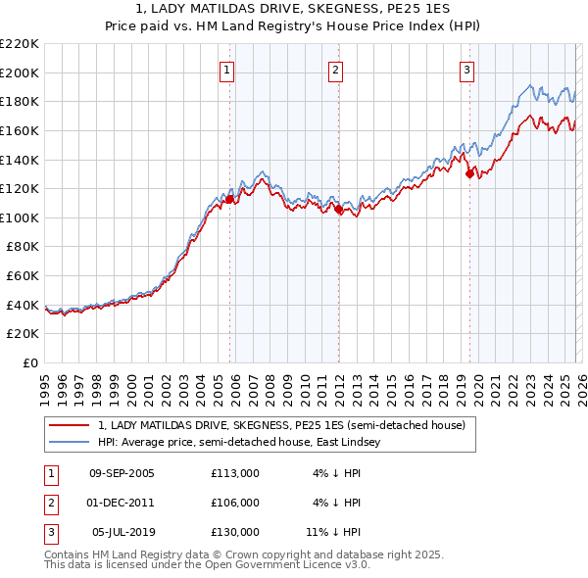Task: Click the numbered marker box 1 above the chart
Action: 227,70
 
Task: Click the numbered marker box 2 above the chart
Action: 335,70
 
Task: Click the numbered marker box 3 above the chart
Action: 466,70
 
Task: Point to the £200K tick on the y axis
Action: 20,72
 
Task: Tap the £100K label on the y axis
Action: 20,217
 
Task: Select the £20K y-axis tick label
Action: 23,334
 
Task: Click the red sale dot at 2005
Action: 229,199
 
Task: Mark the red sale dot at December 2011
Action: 338,209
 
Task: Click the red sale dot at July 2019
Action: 469,173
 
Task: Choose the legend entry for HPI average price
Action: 244,443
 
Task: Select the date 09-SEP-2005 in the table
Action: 122,473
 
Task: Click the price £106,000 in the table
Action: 235,503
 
